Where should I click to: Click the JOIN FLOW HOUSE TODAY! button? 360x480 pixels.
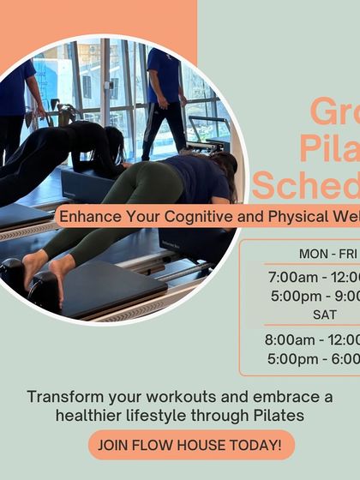(x=191, y=445)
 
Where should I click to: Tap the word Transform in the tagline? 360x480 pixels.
(x=61, y=397)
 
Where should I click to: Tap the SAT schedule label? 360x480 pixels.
(x=325, y=315)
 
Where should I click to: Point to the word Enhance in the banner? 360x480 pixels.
(x=83, y=216)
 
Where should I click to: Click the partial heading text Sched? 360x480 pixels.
(x=304, y=183)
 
